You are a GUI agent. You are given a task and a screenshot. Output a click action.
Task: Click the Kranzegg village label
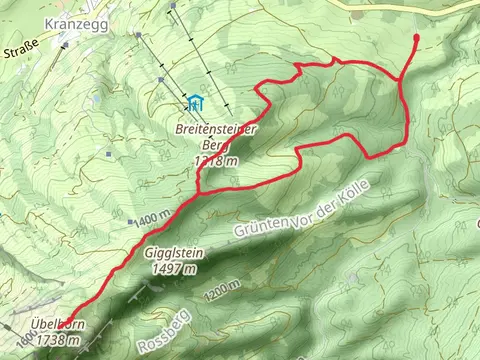pyautogui.click(x=68, y=20)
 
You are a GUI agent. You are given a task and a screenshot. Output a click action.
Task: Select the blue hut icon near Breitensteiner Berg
pyautogui.click(x=196, y=102)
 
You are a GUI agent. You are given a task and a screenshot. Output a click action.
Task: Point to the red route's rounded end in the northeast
pyautogui.click(x=415, y=38)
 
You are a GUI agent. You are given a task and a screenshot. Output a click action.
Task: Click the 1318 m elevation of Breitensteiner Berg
pyautogui.click(x=217, y=161)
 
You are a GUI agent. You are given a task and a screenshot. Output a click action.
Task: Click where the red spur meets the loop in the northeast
pyautogui.click(x=401, y=79)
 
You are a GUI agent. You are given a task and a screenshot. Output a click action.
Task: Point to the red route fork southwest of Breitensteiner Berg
pyautogui.click(x=198, y=189)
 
